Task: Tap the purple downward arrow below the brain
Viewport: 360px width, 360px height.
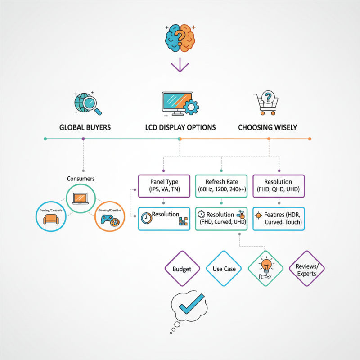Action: pyautogui.click(x=180, y=66)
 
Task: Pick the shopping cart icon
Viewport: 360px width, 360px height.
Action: pyautogui.click(x=268, y=103)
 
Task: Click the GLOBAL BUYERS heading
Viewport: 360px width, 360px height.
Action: pyautogui.click(x=85, y=127)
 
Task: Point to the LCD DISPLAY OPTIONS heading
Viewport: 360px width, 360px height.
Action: pyautogui.click(x=180, y=127)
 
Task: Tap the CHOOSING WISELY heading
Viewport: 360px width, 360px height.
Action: pyautogui.click(x=267, y=127)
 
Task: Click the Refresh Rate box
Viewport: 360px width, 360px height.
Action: pyautogui.click(x=221, y=185)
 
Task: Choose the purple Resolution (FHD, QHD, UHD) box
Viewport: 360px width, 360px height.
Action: pyautogui.click(x=279, y=185)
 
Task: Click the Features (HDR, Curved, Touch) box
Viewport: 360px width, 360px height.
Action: pyautogui.click(x=279, y=219)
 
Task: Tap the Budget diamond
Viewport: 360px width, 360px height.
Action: pyautogui.click(x=182, y=269)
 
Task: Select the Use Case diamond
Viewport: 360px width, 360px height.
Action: pyautogui.click(x=224, y=269)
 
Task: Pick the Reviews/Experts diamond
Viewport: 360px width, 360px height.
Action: pyautogui.click(x=306, y=269)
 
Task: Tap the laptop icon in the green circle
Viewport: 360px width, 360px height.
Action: pyautogui.click(x=81, y=198)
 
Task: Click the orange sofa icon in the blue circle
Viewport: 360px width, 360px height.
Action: pyautogui.click(x=51, y=219)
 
